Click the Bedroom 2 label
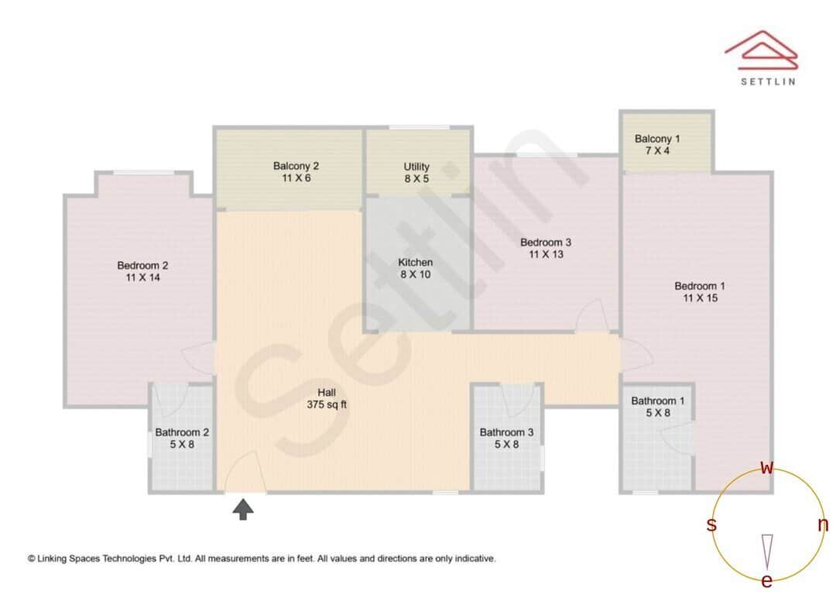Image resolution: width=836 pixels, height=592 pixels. click(x=142, y=266)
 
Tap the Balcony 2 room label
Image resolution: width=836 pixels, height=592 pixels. click(x=296, y=166)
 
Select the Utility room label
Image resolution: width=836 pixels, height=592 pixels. click(x=416, y=167)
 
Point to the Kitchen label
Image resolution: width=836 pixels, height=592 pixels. click(x=416, y=263)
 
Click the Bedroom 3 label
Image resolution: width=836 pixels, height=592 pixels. click(x=546, y=243)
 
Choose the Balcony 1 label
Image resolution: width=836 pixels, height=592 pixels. click(x=657, y=139)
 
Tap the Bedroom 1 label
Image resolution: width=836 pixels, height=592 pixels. click(x=700, y=286)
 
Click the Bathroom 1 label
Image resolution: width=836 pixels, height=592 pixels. click(x=658, y=401)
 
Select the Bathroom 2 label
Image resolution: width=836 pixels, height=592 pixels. click(x=182, y=432)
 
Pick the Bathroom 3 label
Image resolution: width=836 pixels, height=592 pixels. click(x=506, y=432)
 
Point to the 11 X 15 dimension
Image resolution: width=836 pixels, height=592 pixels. click(x=700, y=298)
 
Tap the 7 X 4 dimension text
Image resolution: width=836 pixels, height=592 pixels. click(x=657, y=150)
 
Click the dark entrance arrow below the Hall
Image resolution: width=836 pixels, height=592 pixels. click(x=244, y=509)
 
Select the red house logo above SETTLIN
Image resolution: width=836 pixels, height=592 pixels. click(x=761, y=48)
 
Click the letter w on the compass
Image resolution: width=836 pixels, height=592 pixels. click(x=767, y=468)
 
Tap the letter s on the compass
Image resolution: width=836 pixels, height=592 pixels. click(x=711, y=525)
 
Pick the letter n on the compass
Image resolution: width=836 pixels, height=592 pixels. click(x=823, y=525)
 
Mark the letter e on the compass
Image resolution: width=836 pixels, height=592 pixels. click(x=767, y=581)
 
